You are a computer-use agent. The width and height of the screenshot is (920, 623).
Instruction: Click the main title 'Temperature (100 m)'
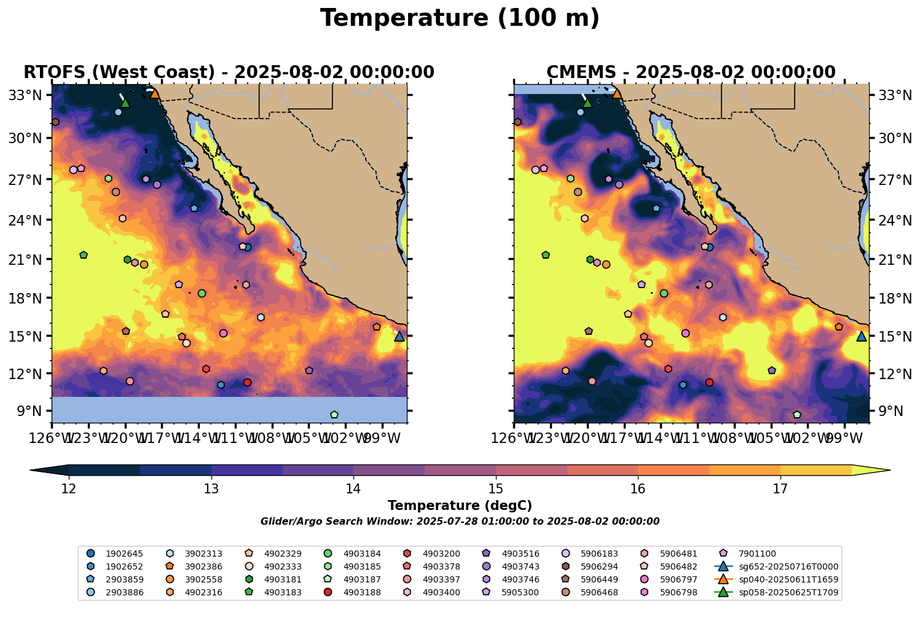(x=460, y=18)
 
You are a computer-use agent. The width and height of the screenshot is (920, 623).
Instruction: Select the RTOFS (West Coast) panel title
(x=229, y=72)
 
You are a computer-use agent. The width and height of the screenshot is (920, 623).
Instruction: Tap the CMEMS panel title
(x=691, y=72)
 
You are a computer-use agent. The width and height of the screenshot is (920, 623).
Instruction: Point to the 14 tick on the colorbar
(x=353, y=489)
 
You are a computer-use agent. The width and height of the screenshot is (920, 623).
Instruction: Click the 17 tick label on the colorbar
(x=780, y=489)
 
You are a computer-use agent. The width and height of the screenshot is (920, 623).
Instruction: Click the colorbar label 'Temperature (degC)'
(x=460, y=506)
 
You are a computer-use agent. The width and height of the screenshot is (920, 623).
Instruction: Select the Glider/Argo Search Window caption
(x=460, y=522)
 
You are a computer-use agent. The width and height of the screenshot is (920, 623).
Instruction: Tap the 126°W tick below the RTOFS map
(x=52, y=439)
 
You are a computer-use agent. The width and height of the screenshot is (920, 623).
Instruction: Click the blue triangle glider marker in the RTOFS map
(x=399, y=336)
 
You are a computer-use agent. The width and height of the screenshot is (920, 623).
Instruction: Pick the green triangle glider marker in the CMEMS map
(x=587, y=103)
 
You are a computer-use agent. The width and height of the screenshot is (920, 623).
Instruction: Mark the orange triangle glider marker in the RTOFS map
(x=155, y=93)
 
